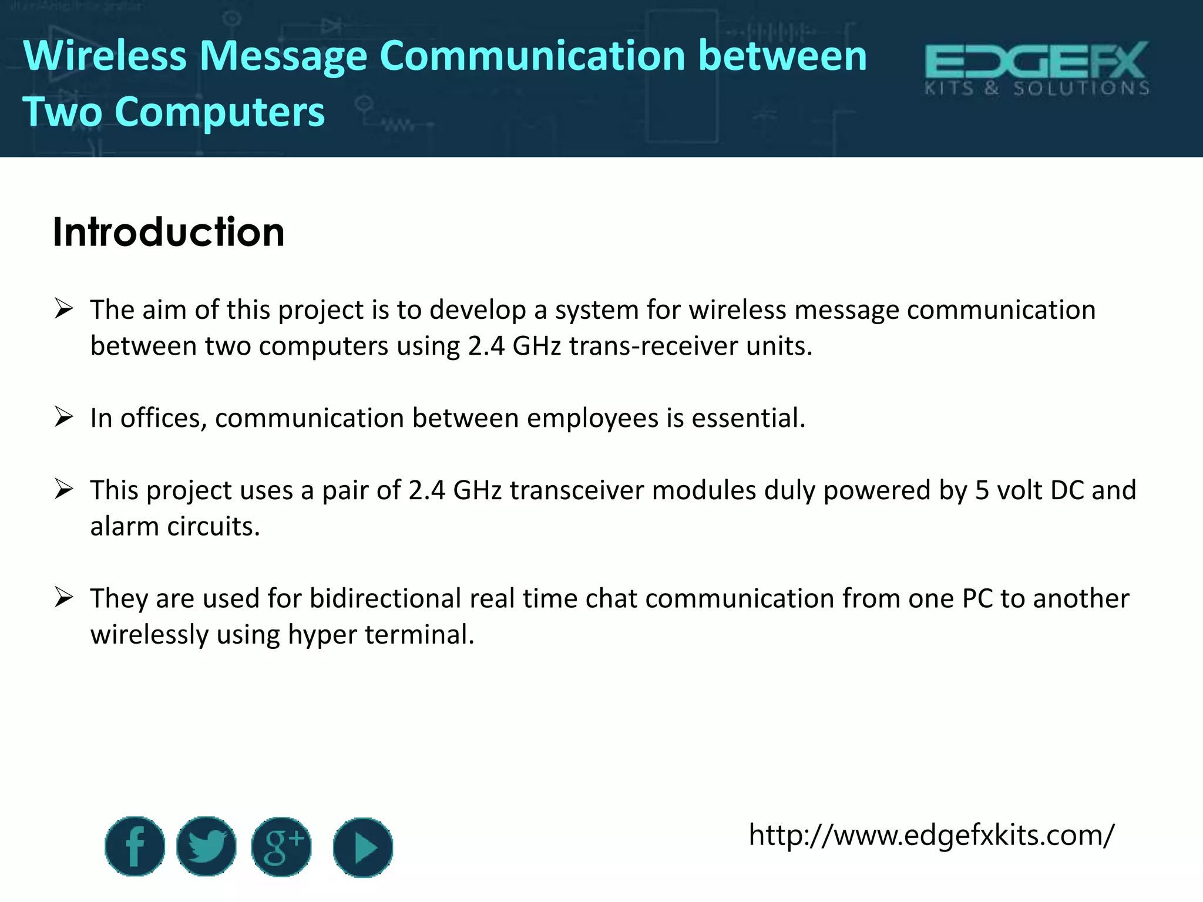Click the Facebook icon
coord(135,846)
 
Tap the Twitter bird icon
coord(206,846)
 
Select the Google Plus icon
coord(281,846)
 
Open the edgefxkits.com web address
coord(931,834)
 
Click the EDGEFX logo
coord(1037,68)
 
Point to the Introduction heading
coord(169,232)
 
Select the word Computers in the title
coord(220,112)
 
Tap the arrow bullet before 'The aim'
coord(63,308)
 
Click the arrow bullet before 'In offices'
coord(63,417)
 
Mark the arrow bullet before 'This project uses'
coord(63,489)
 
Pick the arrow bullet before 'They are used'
coord(63,597)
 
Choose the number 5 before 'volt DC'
coord(982,490)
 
